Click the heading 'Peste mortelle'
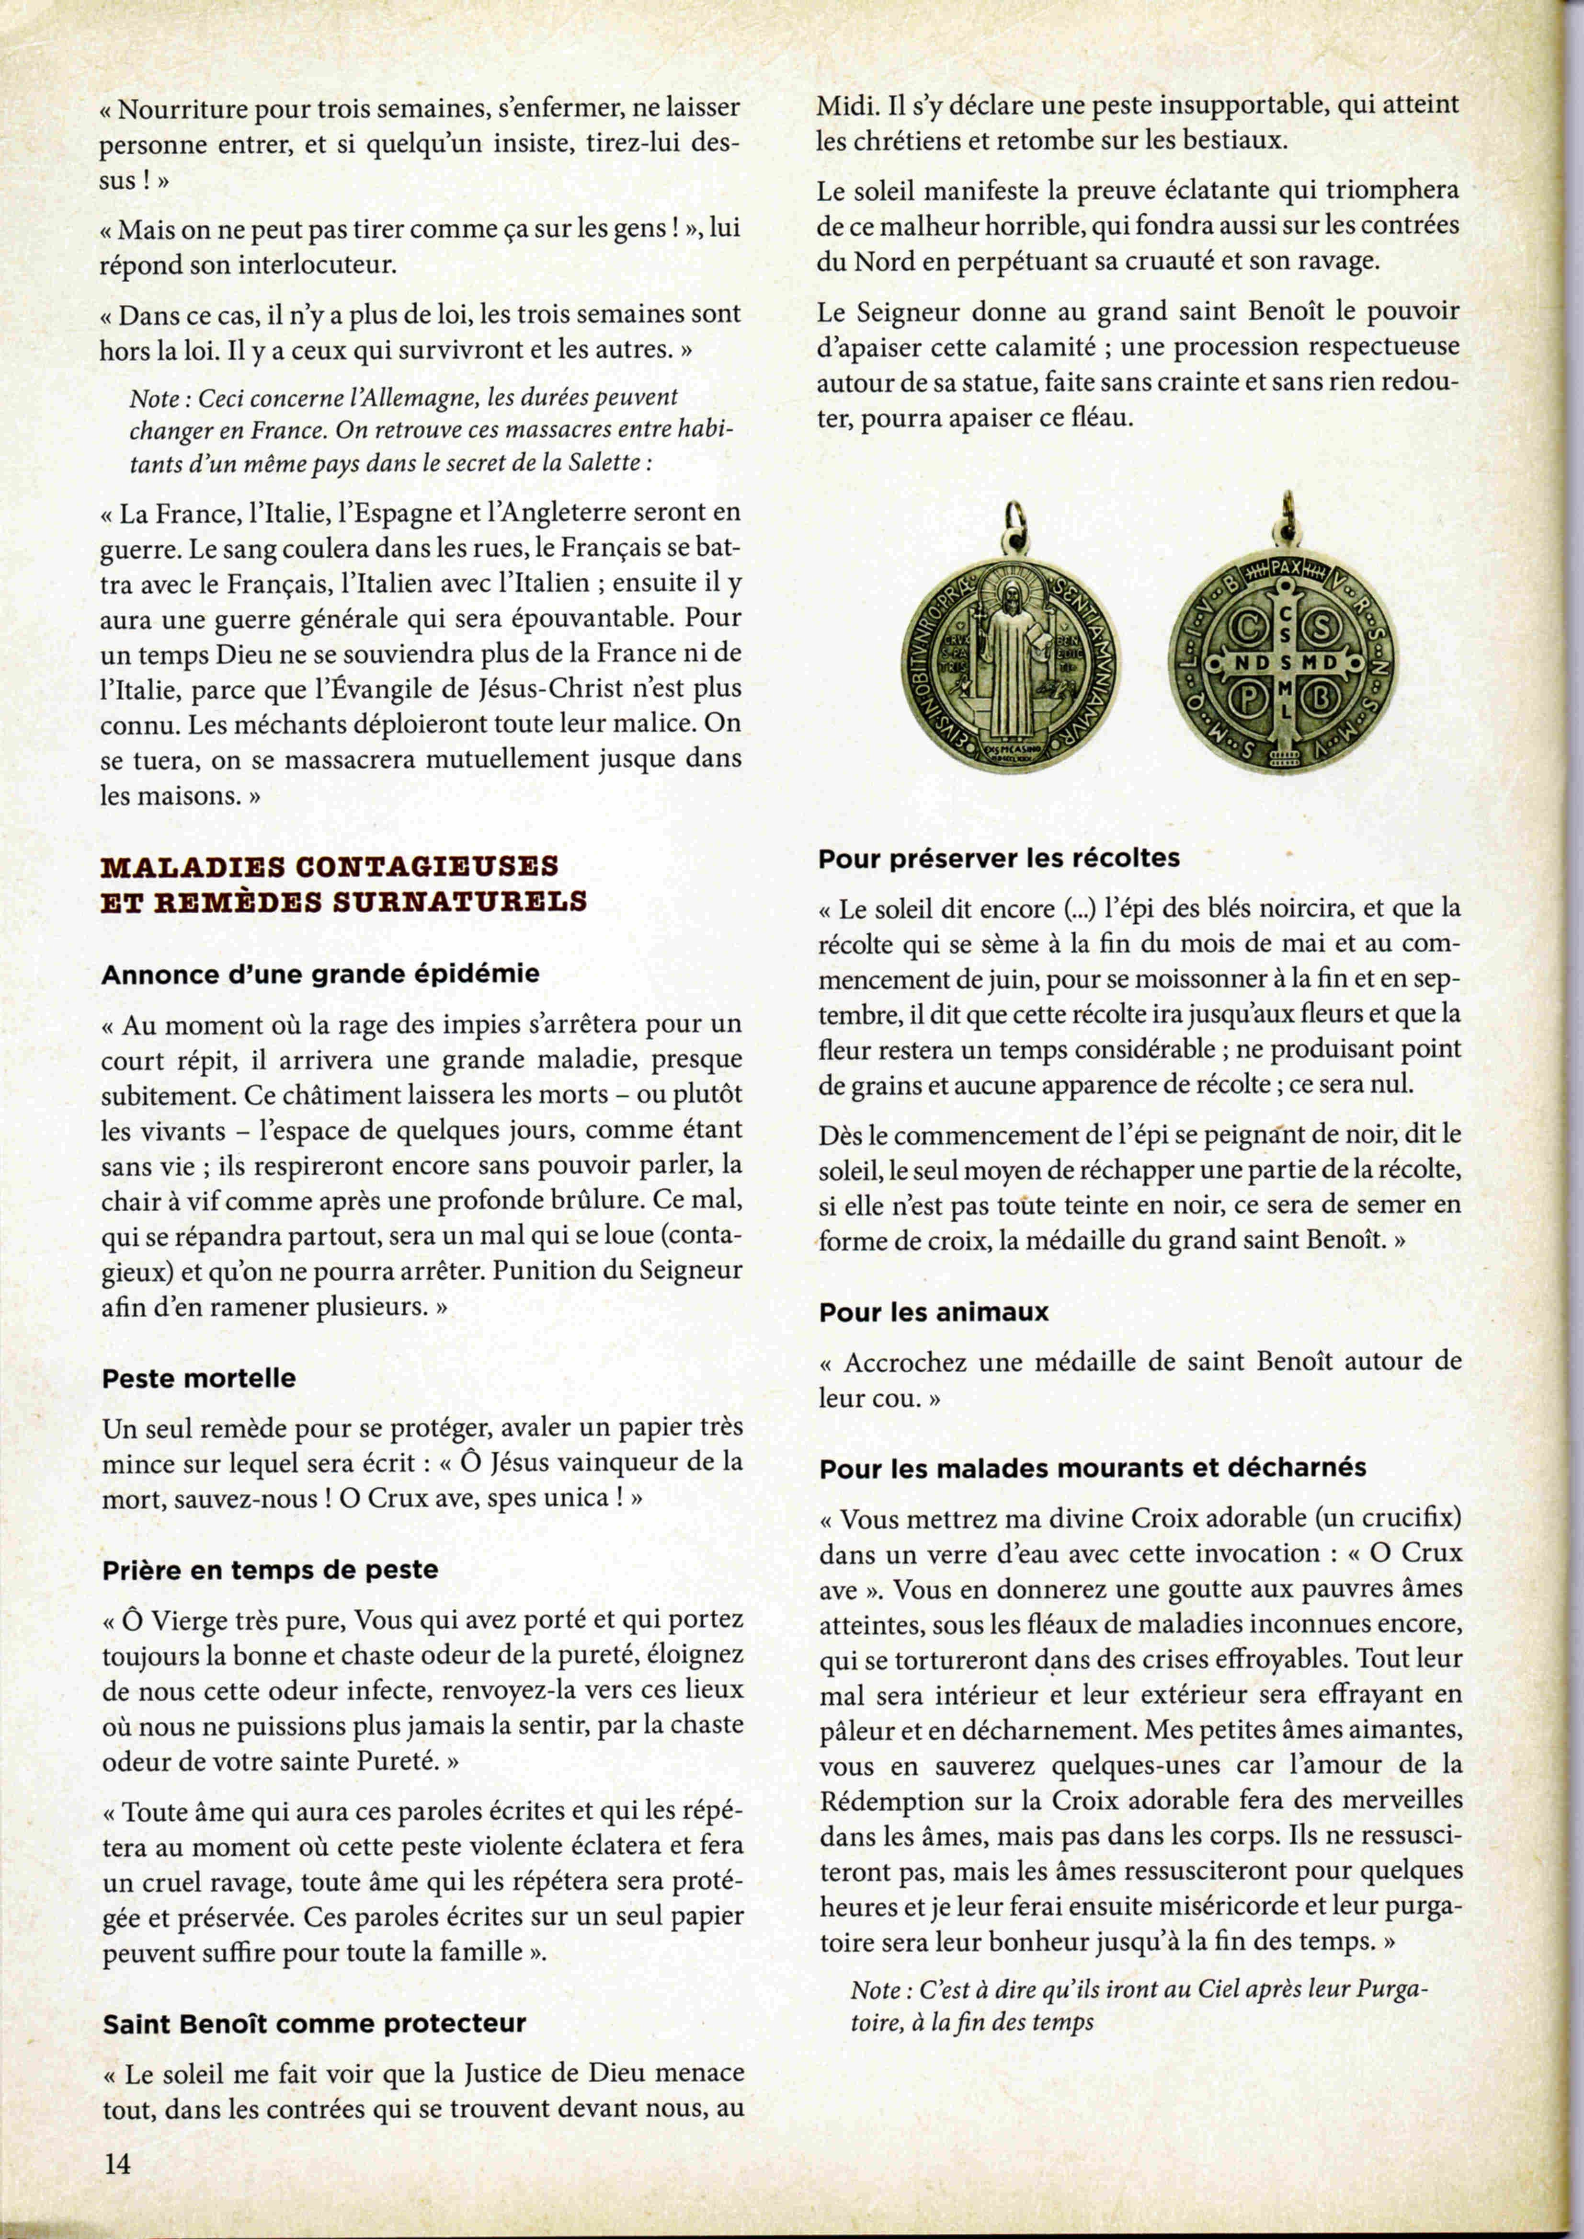198,1378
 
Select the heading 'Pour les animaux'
934,1312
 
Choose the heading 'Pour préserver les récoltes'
999,859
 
